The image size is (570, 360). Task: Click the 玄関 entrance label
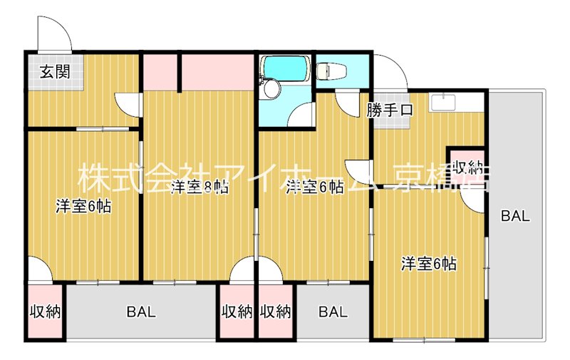(x=54, y=71)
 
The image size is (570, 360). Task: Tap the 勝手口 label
(x=390, y=110)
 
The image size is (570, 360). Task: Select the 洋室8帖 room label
(x=199, y=188)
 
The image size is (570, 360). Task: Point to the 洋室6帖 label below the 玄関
(x=83, y=207)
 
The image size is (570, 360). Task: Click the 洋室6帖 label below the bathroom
(x=314, y=187)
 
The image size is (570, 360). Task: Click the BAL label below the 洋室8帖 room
(x=141, y=312)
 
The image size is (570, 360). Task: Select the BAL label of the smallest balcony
(x=333, y=312)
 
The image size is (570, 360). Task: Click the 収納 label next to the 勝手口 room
(x=467, y=168)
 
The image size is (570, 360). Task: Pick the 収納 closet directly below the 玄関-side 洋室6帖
(x=44, y=312)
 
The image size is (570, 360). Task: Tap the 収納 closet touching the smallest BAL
(x=276, y=312)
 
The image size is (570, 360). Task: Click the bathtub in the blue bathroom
(x=285, y=68)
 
